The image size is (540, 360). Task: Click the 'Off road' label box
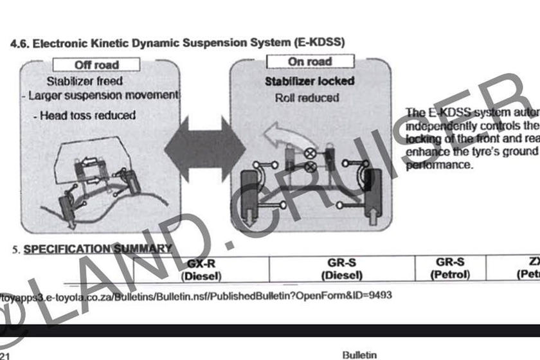click(96, 64)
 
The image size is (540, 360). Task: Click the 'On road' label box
click(310, 62)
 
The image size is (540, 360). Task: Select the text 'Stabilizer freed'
click(85, 82)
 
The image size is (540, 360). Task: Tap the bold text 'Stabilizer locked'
click(310, 82)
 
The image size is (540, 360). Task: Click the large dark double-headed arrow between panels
click(205, 148)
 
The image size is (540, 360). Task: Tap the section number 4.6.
click(19, 44)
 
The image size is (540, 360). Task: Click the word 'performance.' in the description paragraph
click(440, 165)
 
